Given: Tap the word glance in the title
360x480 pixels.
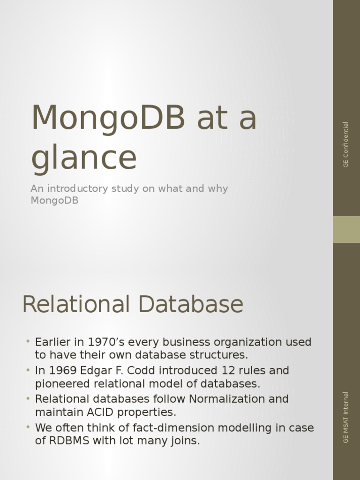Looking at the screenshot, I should tap(84, 158).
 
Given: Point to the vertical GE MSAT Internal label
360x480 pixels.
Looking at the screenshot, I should tap(346, 418).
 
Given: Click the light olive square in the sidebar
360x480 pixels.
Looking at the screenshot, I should tap(346, 229).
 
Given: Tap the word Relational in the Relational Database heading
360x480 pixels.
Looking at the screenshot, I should tap(75, 305).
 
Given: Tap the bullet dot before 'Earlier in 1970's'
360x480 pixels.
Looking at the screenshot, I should tap(28, 341).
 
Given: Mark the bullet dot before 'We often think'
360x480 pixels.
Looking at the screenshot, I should tap(28, 427).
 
